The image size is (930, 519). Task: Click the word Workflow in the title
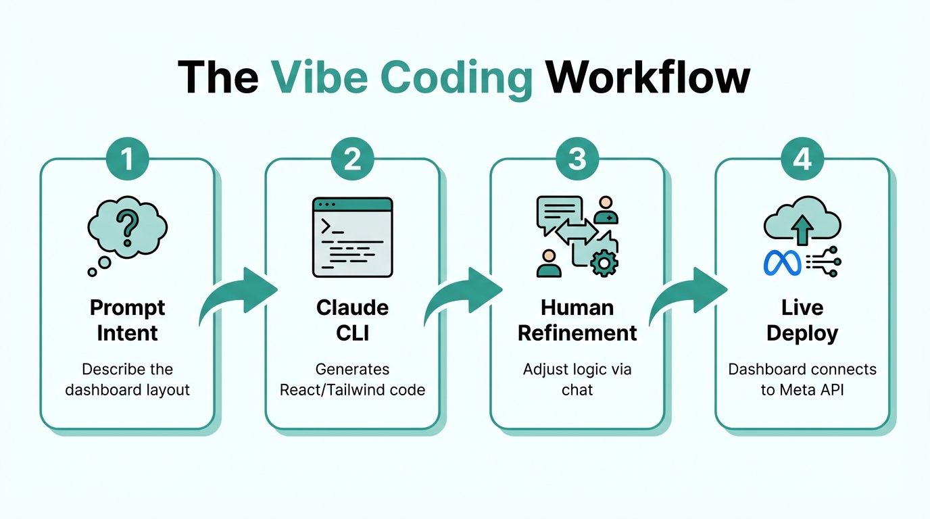[x=648, y=78]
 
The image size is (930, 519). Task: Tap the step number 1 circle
[x=127, y=160]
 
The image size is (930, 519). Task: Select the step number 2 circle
[x=352, y=160]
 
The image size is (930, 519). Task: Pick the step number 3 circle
[x=577, y=160]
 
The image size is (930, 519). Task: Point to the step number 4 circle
[x=802, y=160]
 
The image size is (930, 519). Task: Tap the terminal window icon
[x=352, y=237]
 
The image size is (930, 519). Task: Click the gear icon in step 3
[x=604, y=262]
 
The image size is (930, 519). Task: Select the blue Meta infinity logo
[x=781, y=262]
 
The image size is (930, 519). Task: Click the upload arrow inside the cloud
[x=802, y=230]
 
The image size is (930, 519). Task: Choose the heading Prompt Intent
[x=127, y=320]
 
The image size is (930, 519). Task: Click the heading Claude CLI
[x=352, y=320]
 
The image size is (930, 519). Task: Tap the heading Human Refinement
[x=577, y=320]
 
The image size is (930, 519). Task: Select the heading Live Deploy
[x=802, y=320]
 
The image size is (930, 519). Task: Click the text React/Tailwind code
[x=352, y=390]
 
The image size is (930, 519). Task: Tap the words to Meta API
[x=802, y=390]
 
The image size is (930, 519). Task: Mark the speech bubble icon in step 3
[x=558, y=211]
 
